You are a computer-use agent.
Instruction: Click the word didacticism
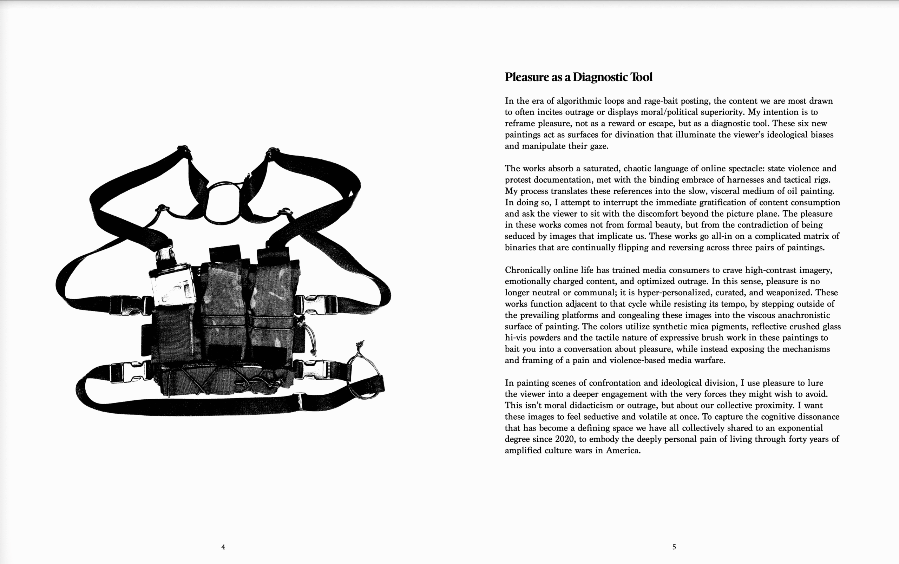click(590, 406)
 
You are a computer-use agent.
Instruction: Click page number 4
click(223, 547)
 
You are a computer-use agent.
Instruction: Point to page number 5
click(674, 547)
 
